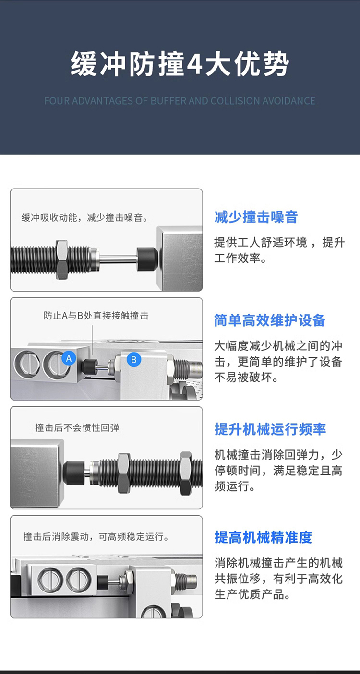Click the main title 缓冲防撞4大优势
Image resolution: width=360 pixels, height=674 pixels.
[180, 64]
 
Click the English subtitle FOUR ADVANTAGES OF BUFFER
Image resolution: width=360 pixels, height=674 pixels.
[180, 101]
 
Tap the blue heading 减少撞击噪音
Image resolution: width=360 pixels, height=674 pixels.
[256, 217]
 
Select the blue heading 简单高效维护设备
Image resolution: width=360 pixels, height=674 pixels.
[270, 320]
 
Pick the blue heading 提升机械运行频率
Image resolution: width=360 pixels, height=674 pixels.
[270, 429]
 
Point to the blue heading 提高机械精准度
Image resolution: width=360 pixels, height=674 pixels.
[263, 537]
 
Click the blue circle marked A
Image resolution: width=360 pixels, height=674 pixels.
[69, 358]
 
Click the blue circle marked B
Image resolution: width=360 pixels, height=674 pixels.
[134, 359]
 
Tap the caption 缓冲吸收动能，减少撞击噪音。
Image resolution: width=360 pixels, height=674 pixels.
[84, 218]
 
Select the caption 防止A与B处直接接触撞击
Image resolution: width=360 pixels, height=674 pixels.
[96, 316]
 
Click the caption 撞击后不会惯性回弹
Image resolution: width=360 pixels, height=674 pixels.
[77, 427]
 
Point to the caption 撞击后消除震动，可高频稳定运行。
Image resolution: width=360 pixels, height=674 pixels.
[96, 536]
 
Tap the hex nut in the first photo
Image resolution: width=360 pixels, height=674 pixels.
[63, 260]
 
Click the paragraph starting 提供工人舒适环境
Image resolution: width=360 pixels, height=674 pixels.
[279, 250]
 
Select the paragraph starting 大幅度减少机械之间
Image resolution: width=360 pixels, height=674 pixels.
[278, 361]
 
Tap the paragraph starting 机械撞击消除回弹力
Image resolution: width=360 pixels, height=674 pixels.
[278, 470]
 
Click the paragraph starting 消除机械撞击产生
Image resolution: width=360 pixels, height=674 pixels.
[278, 579]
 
